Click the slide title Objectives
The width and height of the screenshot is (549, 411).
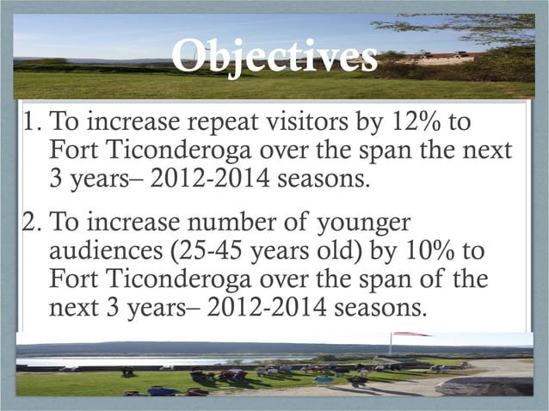[274, 58]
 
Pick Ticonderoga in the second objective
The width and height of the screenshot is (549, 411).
[176, 280]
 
